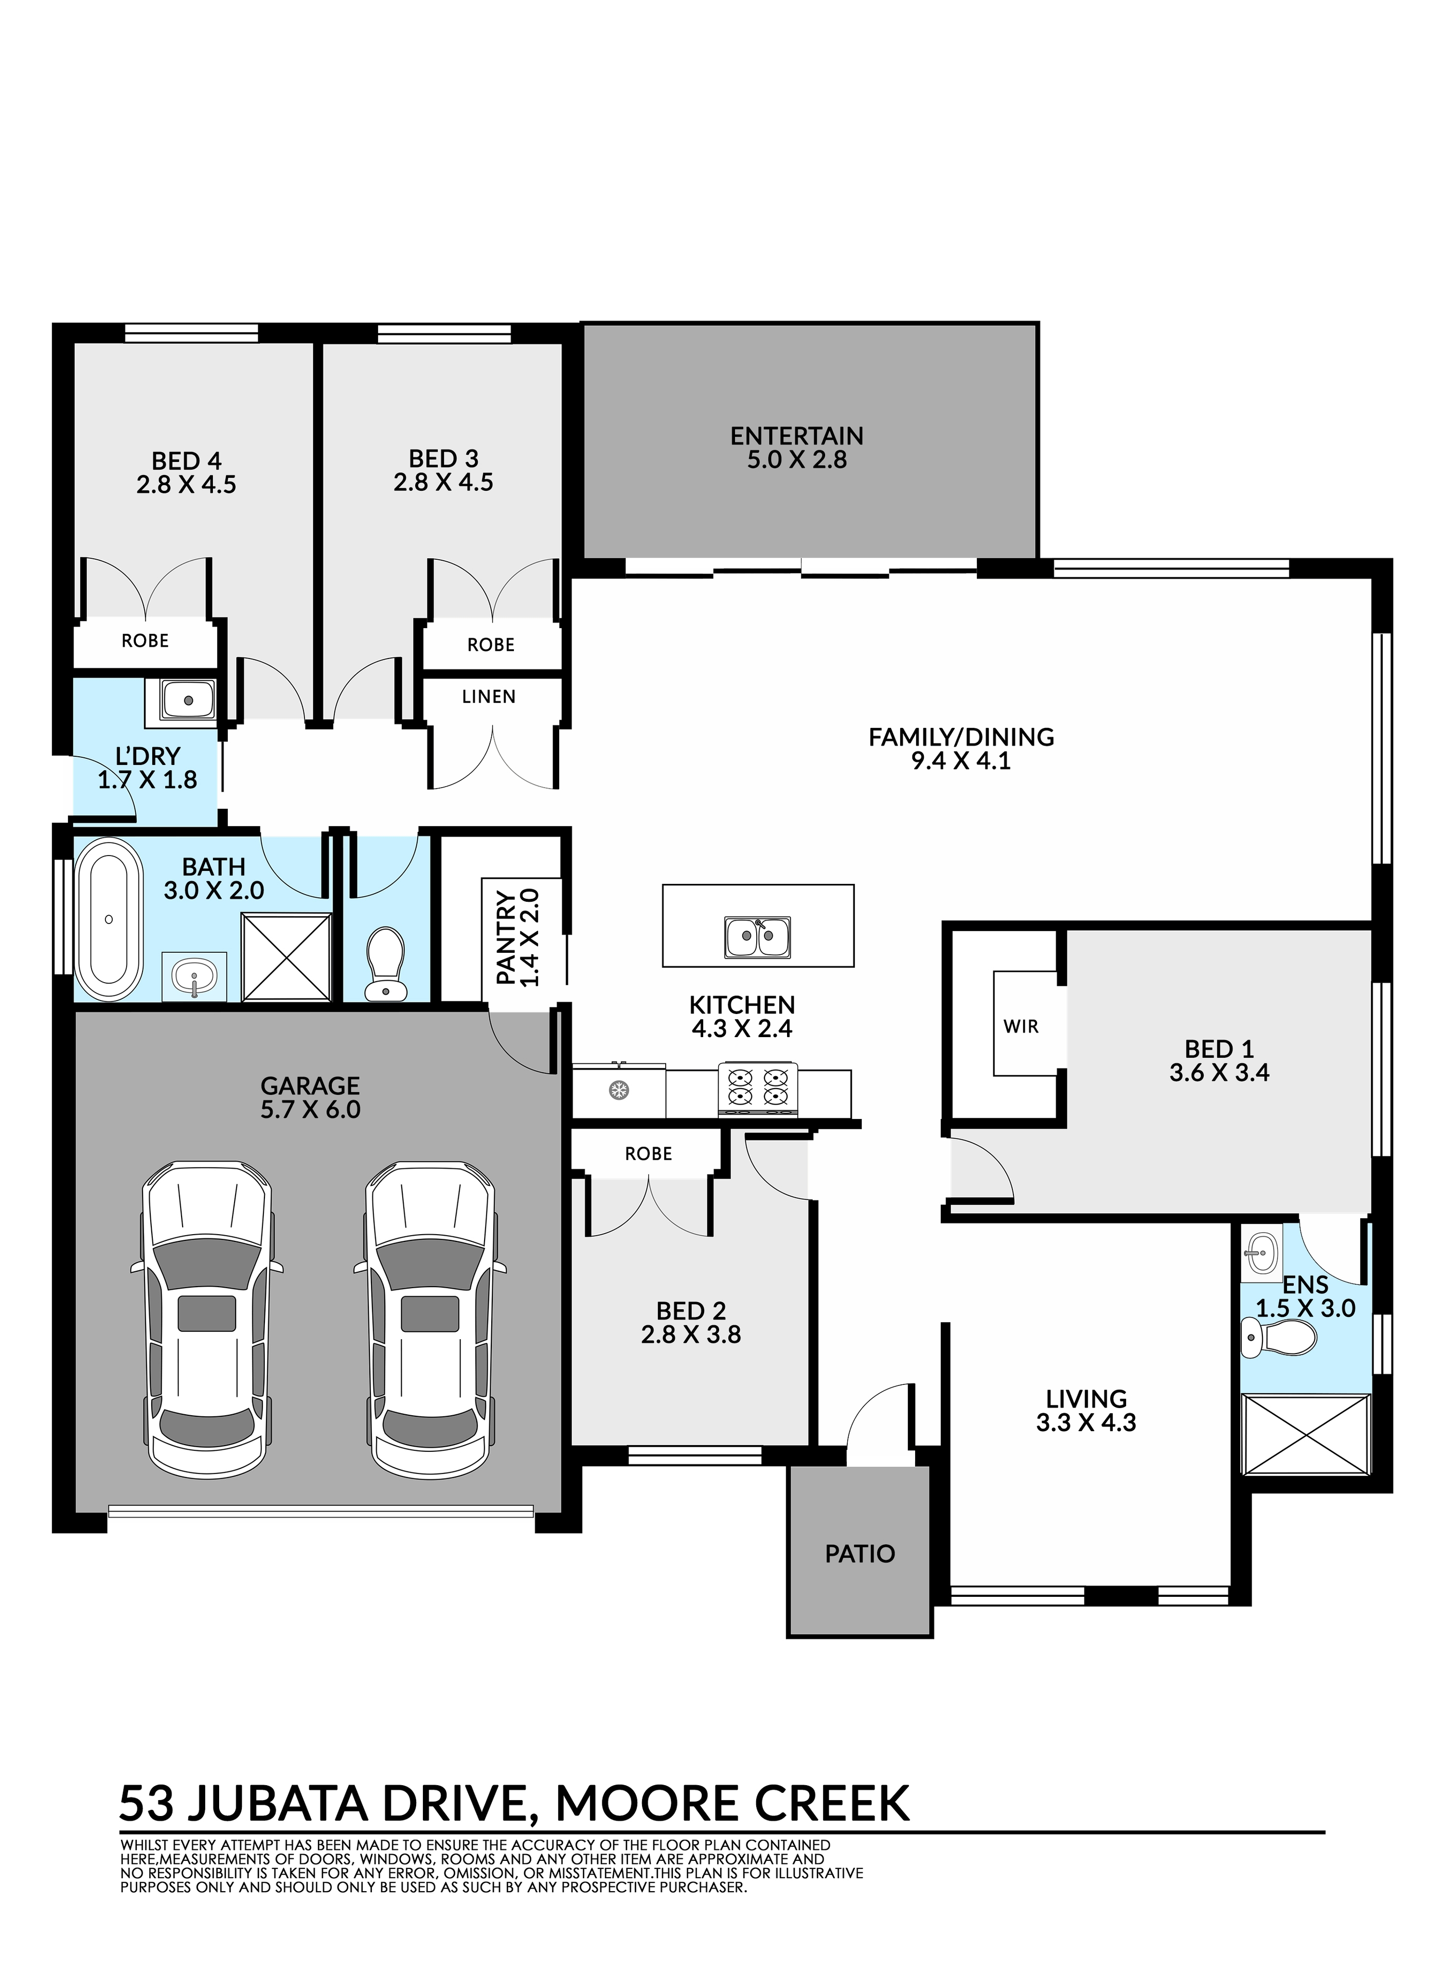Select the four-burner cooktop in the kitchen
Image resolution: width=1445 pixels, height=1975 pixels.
[x=758, y=1089]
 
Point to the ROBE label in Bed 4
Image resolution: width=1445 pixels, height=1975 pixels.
[x=145, y=640]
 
